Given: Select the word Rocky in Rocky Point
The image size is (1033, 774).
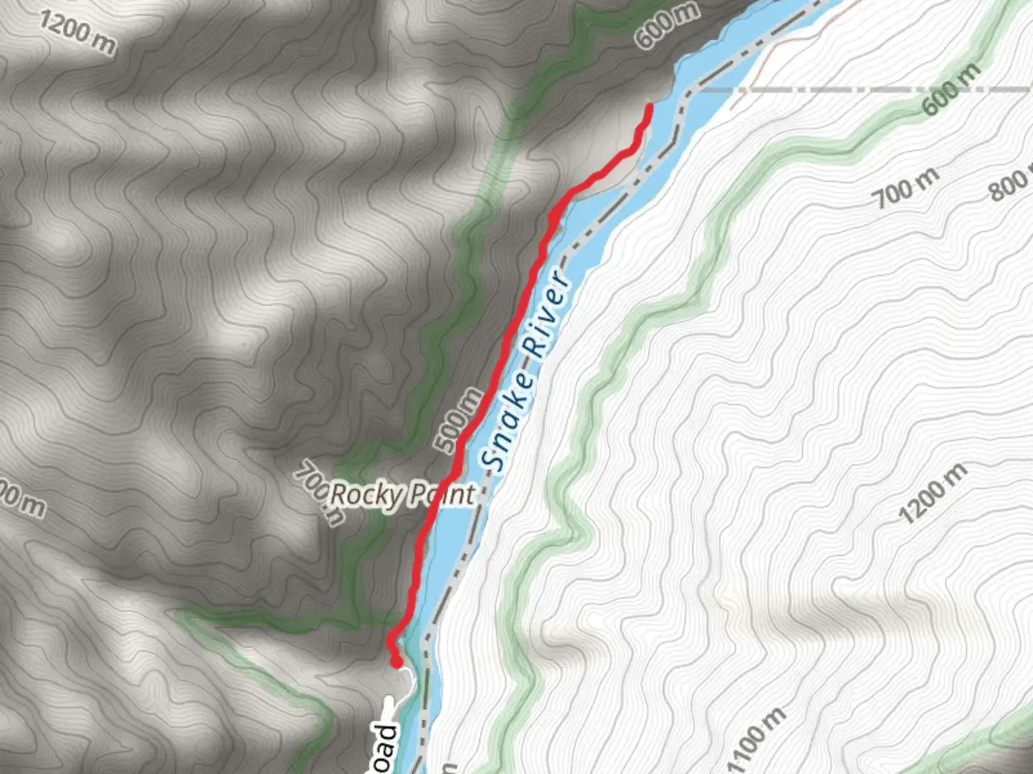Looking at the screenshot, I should (364, 494).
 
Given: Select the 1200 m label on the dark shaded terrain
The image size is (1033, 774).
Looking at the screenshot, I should (76, 32).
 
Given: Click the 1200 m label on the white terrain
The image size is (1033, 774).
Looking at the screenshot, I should (932, 494).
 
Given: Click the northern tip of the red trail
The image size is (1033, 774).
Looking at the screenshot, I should (649, 107).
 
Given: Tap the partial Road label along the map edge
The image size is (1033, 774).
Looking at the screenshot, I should (386, 749).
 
